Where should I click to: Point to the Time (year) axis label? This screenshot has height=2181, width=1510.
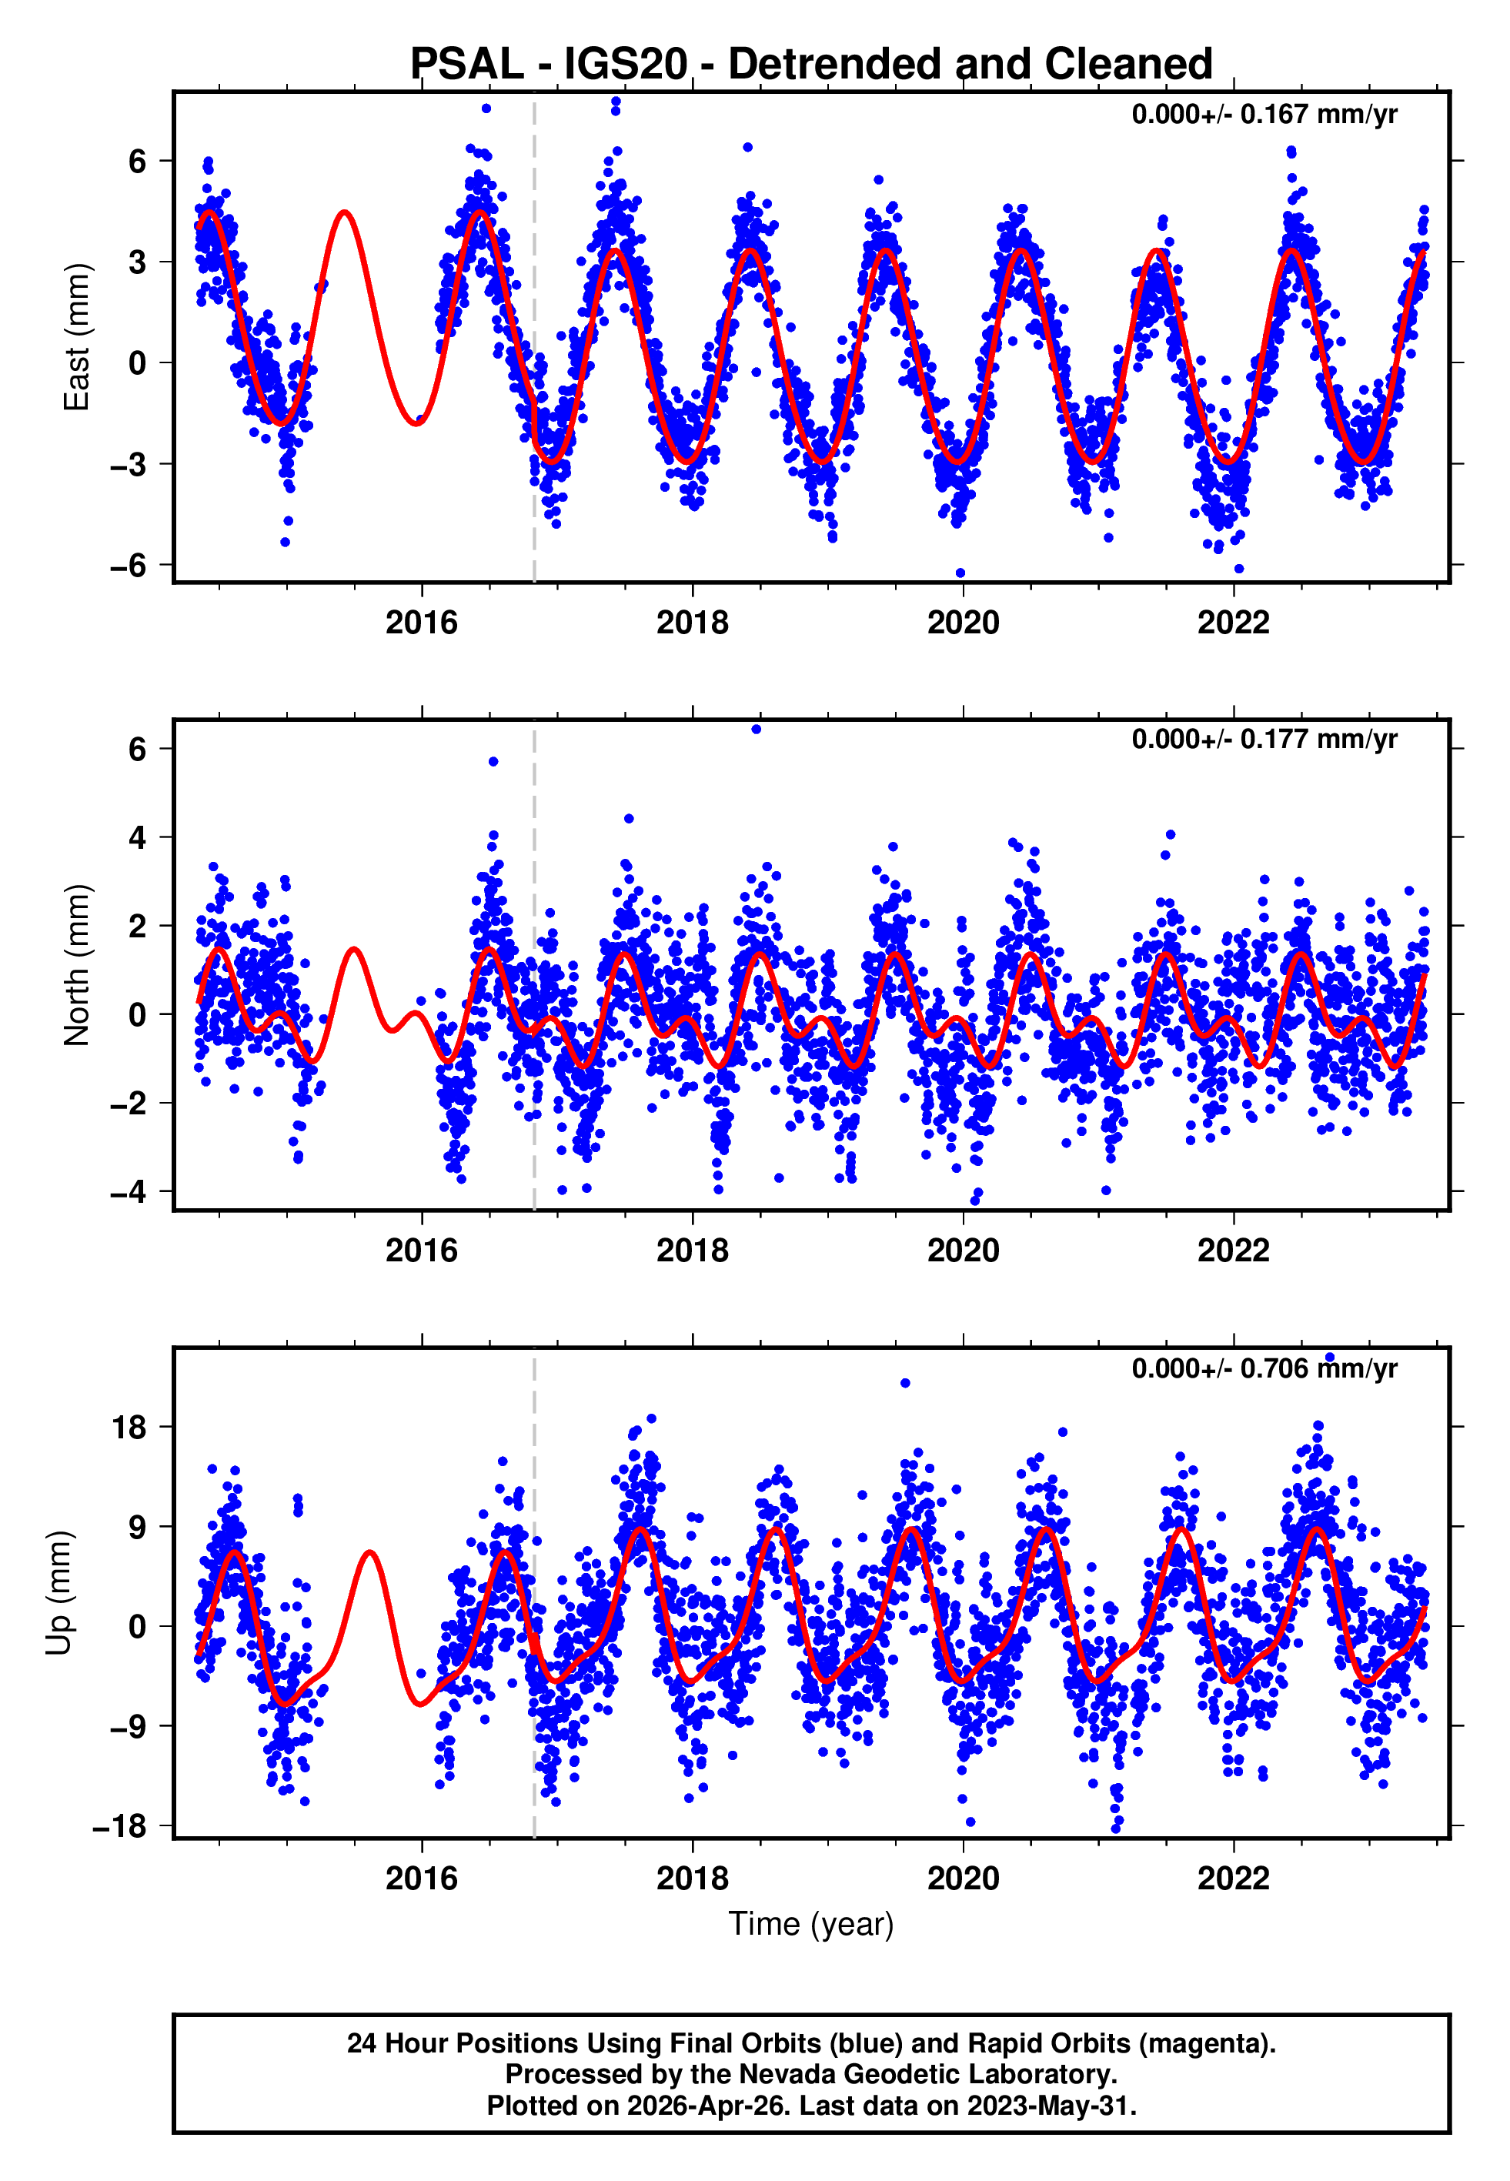(811, 1924)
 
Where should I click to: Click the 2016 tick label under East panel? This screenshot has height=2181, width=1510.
(421, 623)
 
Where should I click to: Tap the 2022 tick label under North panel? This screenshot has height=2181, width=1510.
(1233, 1251)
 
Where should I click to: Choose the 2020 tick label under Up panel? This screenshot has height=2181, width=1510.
(962, 1878)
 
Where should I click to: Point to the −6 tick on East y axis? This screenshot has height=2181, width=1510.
(128, 566)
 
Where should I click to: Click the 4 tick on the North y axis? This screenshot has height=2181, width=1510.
(138, 837)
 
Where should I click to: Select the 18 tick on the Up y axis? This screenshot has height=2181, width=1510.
(129, 1428)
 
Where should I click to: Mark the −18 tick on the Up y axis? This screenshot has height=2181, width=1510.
(119, 1826)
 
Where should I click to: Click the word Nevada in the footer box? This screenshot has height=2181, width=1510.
(783, 2073)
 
